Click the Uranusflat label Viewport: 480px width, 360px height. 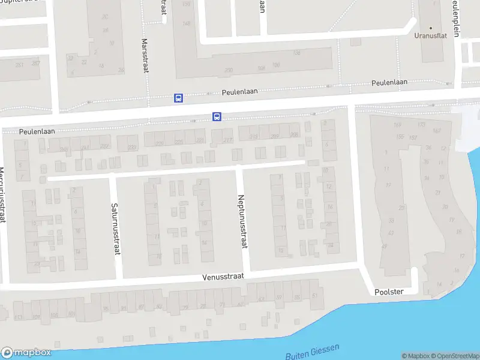click(431, 35)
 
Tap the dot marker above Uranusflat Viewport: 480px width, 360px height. click(431, 28)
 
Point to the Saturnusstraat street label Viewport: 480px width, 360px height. click(115, 229)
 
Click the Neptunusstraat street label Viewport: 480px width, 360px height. click(242, 223)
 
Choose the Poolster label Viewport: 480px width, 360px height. click(389, 292)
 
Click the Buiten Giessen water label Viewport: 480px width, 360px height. click(313, 352)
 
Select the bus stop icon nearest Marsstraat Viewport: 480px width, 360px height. click(178, 98)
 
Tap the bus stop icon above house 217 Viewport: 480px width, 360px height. click(217, 117)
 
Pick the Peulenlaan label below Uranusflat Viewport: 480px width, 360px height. click(389, 83)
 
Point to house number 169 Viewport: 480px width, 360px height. click(397, 125)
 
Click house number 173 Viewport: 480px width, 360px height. click(421, 125)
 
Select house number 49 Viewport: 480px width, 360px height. click(385, 246)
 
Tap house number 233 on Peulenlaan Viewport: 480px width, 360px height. click(132, 147)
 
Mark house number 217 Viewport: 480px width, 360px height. click(227, 140)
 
